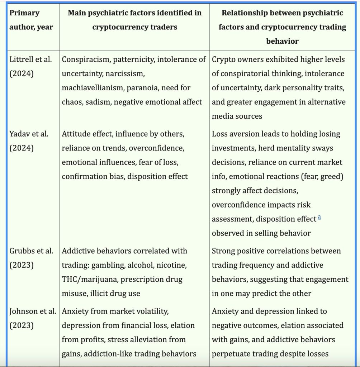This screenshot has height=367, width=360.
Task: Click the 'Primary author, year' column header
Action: pyautogui.click(x=31, y=20)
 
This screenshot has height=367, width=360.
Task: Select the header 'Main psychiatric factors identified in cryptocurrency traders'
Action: pyautogui.click(x=134, y=20)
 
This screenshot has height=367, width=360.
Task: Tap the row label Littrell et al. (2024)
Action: pyautogui.click(x=31, y=66)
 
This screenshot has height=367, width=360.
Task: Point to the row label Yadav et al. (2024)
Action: pyautogui.click(x=29, y=141)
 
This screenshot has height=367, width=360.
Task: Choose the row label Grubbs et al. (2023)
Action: pyautogui.click(x=32, y=258)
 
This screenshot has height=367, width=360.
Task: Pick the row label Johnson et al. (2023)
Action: pyautogui.click(x=33, y=318)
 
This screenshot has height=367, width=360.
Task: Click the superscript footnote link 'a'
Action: pyautogui.click(x=319, y=217)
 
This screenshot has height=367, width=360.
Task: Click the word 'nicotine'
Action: pyautogui.click(x=172, y=265)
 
